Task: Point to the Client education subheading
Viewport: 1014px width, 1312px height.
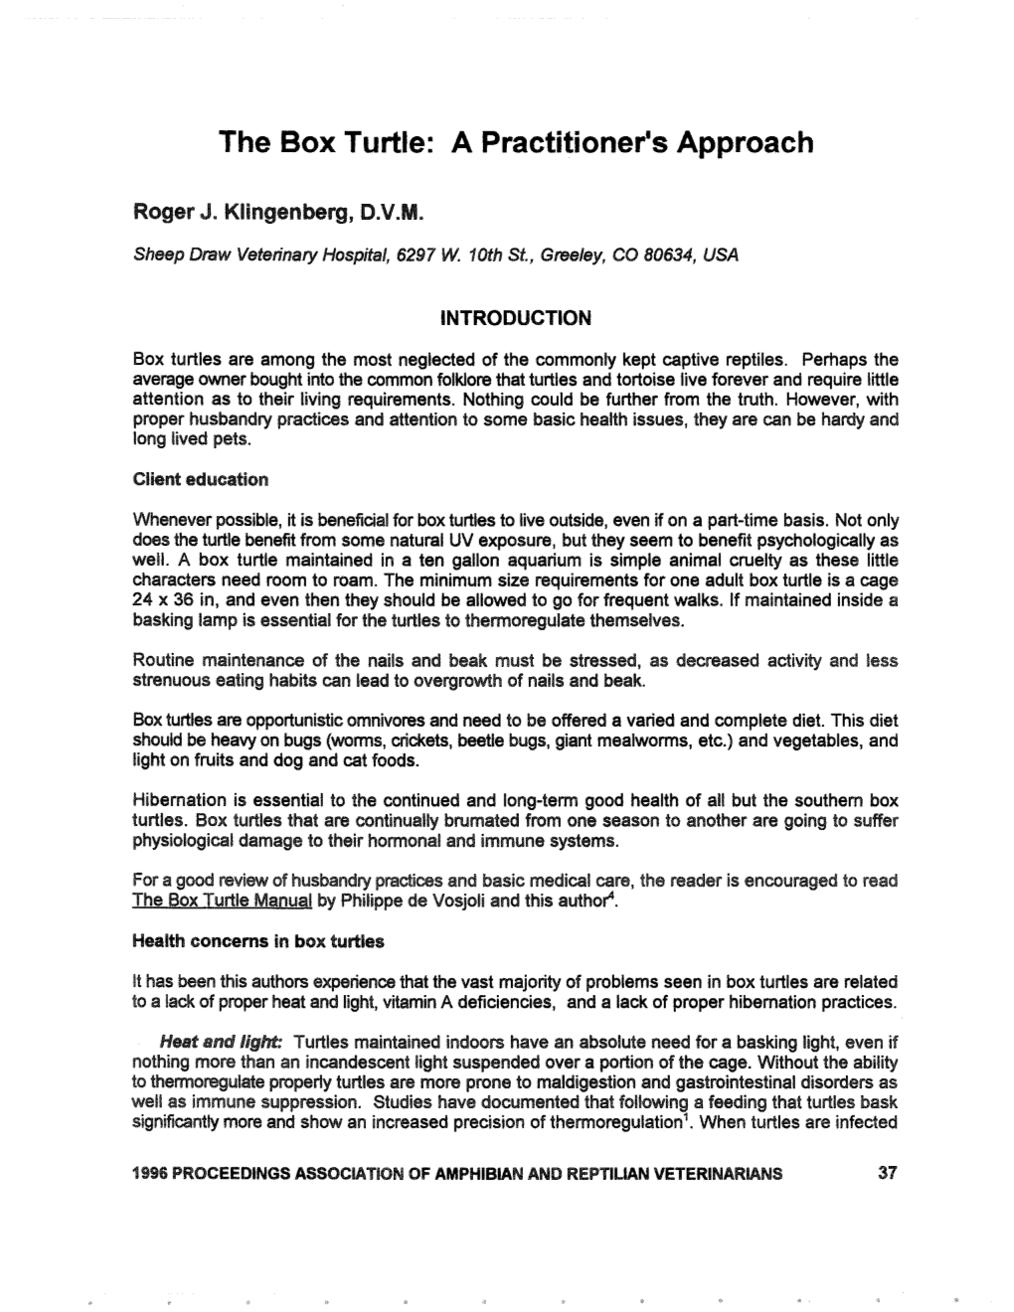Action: (x=200, y=479)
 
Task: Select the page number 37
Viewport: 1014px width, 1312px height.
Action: (x=888, y=1173)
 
